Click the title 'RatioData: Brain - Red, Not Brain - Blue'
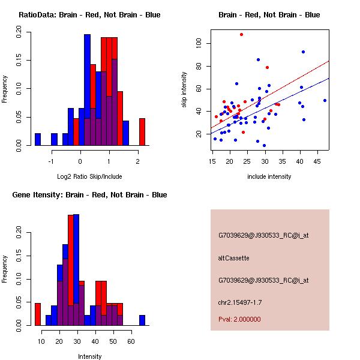[89, 15]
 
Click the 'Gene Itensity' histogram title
[89, 195]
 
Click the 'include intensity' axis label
[269, 176]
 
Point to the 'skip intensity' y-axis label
[185, 90]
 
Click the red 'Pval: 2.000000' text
[239, 319]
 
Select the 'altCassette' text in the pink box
[233, 258]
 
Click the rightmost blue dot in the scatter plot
[325, 100]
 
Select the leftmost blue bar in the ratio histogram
[38, 139]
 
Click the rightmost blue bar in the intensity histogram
[142, 320]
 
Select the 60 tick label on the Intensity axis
[131, 341]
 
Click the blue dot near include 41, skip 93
[304, 52]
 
